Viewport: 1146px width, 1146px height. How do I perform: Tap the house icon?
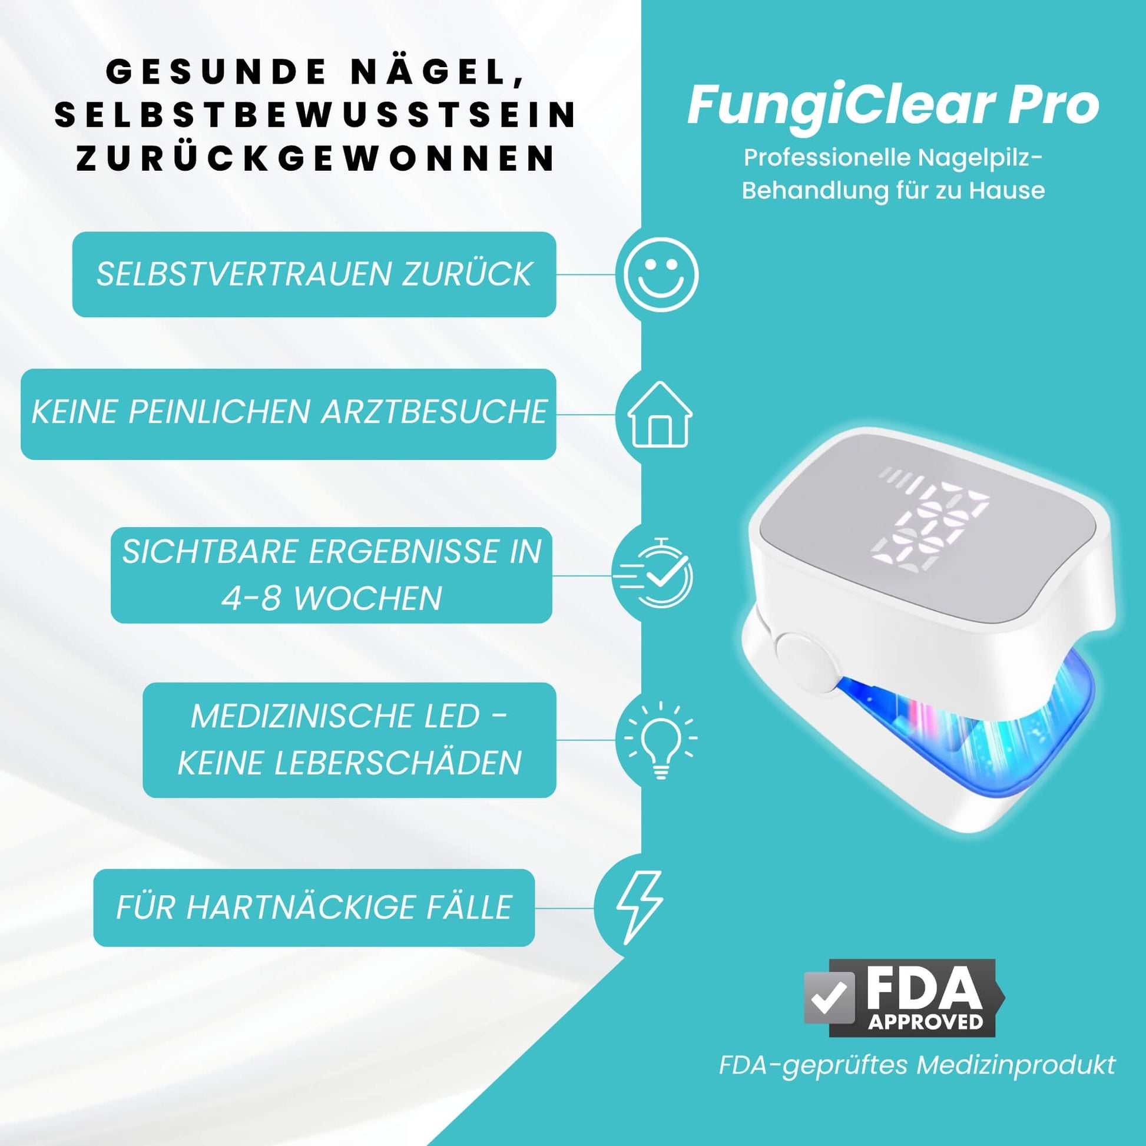pos(660,414)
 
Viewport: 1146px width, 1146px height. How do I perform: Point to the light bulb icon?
pos(660,740)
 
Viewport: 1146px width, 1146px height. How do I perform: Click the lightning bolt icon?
pos(640,908)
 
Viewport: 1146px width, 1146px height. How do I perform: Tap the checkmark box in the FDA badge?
pos(829,998)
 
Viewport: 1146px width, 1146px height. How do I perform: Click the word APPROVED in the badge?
pos(925,1021)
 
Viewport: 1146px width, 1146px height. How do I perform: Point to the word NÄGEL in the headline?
pos(437,71)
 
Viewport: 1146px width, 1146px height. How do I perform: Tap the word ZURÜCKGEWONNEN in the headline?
pos(316,158)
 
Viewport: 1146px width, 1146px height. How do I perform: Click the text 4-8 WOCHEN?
pos(332,597)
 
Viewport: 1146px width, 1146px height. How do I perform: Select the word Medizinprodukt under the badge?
pos(1016,1065)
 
